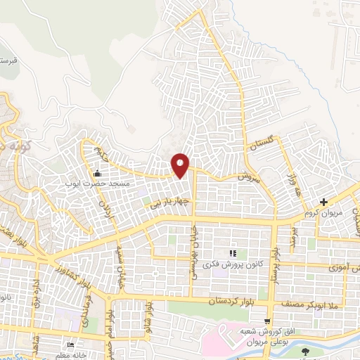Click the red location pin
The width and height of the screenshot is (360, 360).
click(x=181, y=165)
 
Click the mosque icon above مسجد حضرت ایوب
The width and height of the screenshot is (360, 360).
click(x=97, y=174)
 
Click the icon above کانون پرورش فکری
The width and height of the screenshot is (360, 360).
click(x=233, y=253)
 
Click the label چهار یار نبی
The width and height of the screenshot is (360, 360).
click(x=168, y=204)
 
